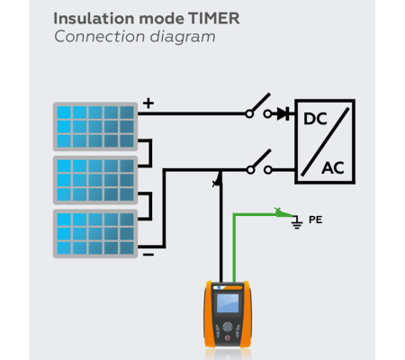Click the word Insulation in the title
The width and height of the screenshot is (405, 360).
(91, 17)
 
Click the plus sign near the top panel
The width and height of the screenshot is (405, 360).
(148, 103)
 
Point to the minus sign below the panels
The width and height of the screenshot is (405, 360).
(148, 255)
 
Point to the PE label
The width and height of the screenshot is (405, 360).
(315, 219)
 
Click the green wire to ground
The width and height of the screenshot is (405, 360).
(236, 243)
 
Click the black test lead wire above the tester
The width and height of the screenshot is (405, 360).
(218, 234)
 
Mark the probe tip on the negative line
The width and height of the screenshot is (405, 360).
(216, 181)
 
